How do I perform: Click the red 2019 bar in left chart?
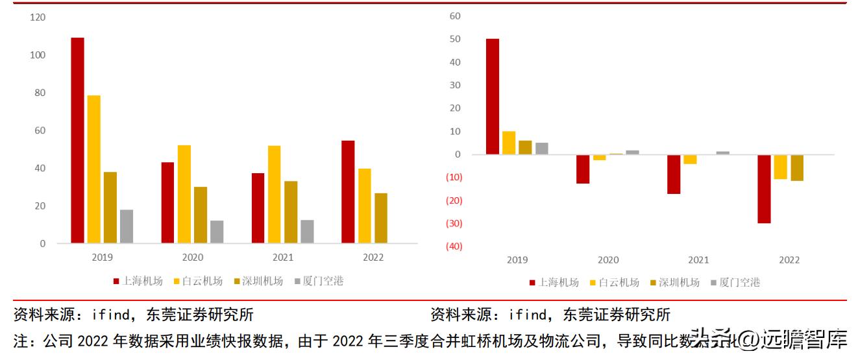pyautogui.click(x=77, y=140)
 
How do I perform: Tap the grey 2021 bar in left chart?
pyautogui.click(x=307, y=232)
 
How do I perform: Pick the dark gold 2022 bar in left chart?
pyautogui.click(x=380, y=218)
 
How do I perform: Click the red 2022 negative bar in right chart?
pyautogui.click(x=764, y=189)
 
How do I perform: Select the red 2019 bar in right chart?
pyautogui.click(x=493, y=97)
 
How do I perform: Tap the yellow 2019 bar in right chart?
pyautogui.click(x=509, y=143)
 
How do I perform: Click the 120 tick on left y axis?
pyautogui.click(x=38, y=18)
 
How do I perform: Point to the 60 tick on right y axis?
pyautogui.click(x=455, y=16)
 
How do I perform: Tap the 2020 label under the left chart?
pyautogui.click(x=192, y=258)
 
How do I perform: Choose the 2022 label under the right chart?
pyautogui.click(x=789, y=260)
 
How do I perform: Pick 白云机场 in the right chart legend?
pyautogui.click(x=619, y=282)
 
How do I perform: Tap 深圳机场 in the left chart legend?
pyautogui.click(x=262, y=281)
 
